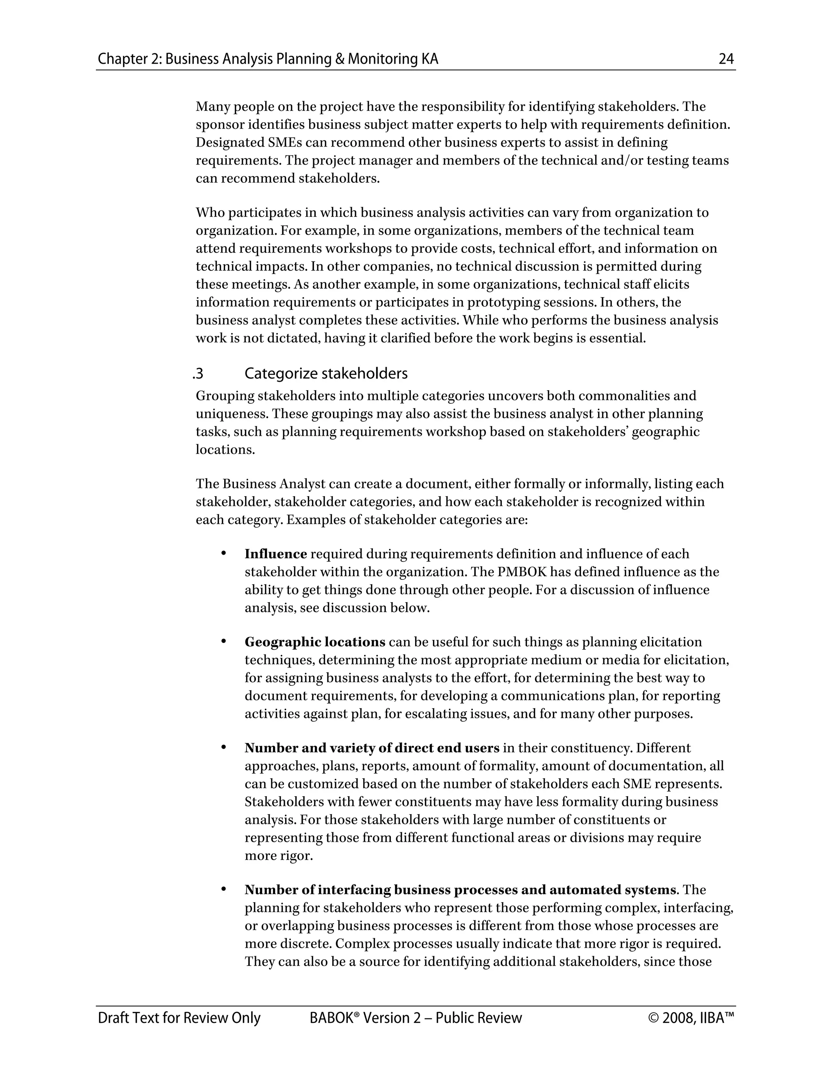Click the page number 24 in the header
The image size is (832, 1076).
pos(726,59)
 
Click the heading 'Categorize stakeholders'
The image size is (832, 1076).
pos(326,374)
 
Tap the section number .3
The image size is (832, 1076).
pos(198,374)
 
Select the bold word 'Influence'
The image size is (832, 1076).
pos(275,554)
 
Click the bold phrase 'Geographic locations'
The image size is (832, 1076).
pos(315,642)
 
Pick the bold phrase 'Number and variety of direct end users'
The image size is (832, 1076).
pos(372,748)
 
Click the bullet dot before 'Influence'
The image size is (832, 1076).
pos(223,553)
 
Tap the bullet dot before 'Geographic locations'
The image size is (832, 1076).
pos(223,642)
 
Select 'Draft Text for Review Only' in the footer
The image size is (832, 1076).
pos(179,1018)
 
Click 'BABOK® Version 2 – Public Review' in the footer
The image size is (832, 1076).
pos(416,1018)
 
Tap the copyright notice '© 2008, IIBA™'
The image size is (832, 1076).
pos(691,1018)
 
